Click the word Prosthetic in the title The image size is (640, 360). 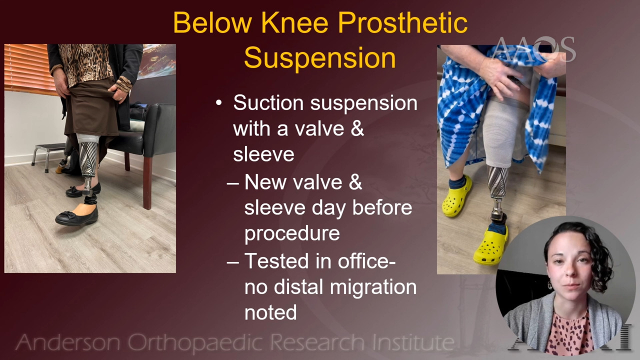coord(402,23)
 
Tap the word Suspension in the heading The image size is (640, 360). coord(320,58)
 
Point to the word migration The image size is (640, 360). coord(373,287)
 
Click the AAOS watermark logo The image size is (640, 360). coord(533,49)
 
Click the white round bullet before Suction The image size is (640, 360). coord(219,102)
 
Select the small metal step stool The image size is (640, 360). coord(48,156)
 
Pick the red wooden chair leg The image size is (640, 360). coord(147,183)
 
